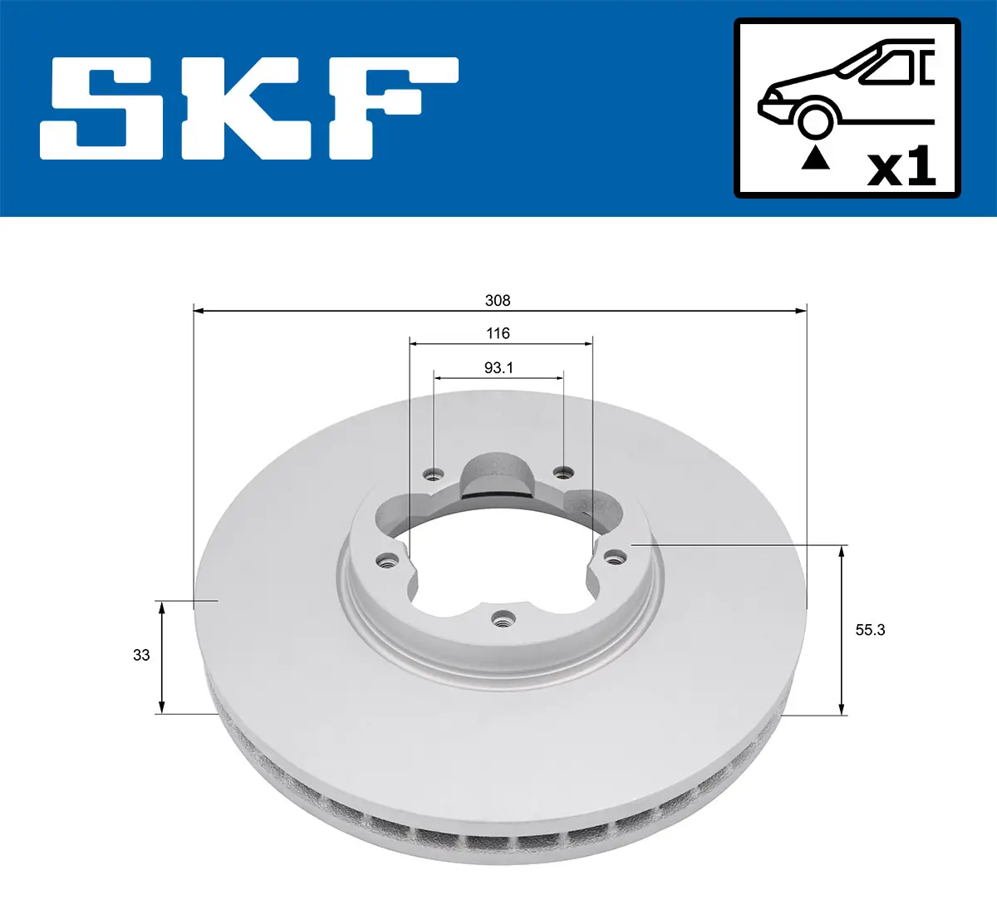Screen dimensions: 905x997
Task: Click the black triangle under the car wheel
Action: click(x=815, y=157)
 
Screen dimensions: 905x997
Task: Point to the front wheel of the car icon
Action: click(x=815, y=119)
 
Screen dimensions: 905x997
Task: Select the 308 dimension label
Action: click(x=498, y=300)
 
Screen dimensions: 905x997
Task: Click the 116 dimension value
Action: click(x=498, y=333)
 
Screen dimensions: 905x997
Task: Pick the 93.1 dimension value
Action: click(x=498, y=367)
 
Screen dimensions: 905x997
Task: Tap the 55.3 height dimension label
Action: click(x=870, y=630)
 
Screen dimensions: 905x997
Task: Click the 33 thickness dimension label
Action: click(x=141, y=655)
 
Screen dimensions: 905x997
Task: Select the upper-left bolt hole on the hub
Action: click(x=432, y=475)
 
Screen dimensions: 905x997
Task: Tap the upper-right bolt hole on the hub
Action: click(x=563, y=473)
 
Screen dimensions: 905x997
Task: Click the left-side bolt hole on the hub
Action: click(x=385, y=561)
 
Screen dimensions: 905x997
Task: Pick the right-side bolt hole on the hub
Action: click(x=615, y=556)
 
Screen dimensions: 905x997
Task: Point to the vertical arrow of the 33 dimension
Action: click(x=162, y=657)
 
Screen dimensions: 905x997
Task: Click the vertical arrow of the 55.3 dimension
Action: click(x=842, y=629)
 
